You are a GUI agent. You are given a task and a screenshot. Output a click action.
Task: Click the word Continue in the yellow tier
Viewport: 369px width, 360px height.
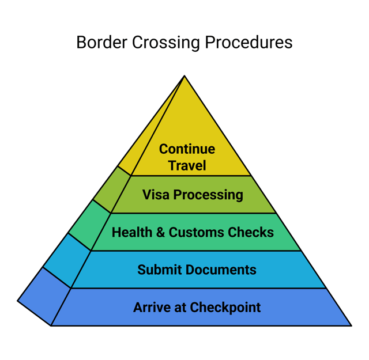click(x=187, y=149)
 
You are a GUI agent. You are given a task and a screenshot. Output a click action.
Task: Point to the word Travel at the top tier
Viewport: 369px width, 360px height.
click(x=187, y=166)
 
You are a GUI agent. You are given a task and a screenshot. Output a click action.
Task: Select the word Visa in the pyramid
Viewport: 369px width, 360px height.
click(x=156, y=195)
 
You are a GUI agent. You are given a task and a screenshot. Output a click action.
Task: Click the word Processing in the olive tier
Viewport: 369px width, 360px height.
click(x=208, y=195)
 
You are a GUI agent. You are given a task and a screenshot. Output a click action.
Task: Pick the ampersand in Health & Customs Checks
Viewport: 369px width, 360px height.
click(x=160, y=232)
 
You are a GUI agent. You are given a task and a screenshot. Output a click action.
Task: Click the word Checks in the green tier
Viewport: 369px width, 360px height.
click(x=251, y=232)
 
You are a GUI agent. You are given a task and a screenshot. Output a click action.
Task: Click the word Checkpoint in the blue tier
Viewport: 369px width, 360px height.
click(x=225, y=307)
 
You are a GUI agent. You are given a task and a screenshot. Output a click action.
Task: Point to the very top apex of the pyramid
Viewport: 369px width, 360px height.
click(x=184, y=77)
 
